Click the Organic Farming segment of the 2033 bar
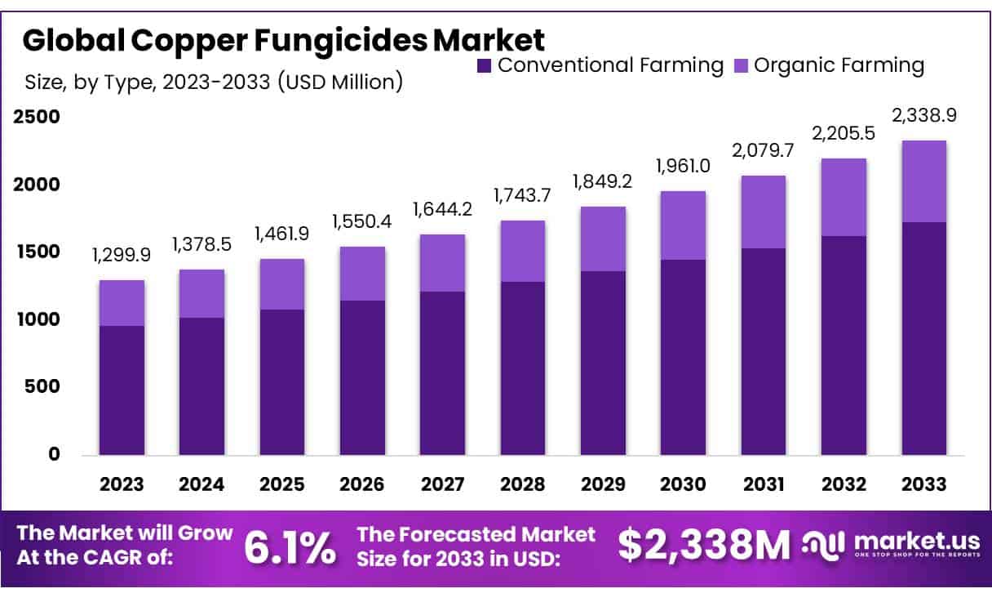point(924,181)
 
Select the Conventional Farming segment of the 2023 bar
point(122,390)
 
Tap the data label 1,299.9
point(122,256)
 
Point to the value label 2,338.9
point(924,115)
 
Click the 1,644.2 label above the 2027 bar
point(443,210)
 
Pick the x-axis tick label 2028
point(523,484)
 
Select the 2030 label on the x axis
point(684,484)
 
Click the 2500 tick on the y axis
point(38,117)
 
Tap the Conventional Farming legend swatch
point(485,65)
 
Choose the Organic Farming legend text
point(839,65)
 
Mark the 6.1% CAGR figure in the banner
point(290,547)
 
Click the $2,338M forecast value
point(703,546)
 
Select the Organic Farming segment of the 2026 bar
point(362,274)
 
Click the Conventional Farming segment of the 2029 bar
point(604,363)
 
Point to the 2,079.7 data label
point(764,151)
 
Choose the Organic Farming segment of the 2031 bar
point(764,212)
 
